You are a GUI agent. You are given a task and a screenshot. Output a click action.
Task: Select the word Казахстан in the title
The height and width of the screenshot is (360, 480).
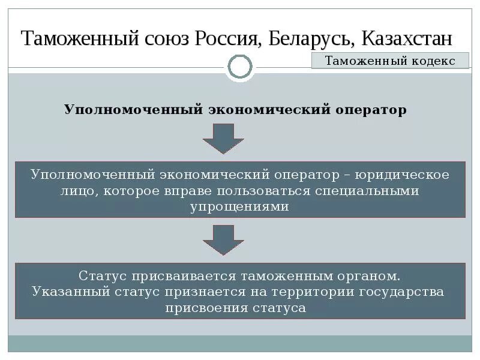pyautogui.click(x=407, y=39)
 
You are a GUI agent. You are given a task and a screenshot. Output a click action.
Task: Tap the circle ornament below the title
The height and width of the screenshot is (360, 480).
pyautogui.click(x=240, y=67)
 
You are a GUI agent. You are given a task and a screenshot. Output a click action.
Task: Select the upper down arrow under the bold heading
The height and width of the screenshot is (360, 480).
pyautogui.click(x=223, y=139)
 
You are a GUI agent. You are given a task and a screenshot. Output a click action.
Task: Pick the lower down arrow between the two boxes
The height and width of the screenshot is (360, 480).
pyautogui.click(x=223, y=239)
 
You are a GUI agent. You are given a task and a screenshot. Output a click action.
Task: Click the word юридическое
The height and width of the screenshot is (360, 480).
pyautogui.click(x=402, y=175)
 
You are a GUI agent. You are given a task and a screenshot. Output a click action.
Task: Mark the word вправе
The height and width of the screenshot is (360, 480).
pyautogui.click(x=193, y=191)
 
